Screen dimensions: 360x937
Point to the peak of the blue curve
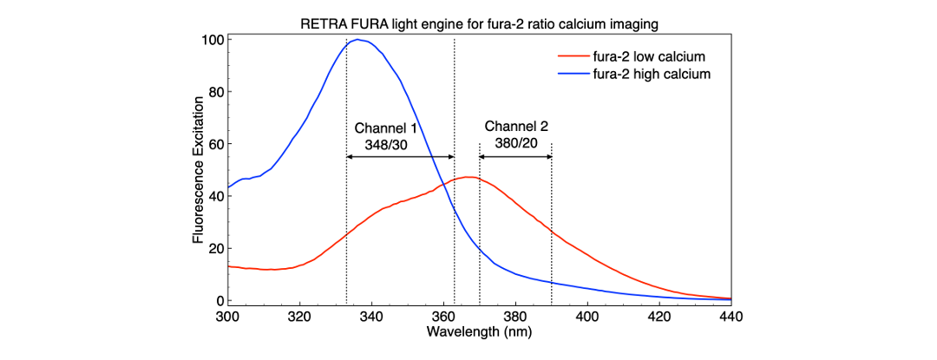click(x=356, y=39)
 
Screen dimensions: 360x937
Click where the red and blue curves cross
click(x=444, y=183)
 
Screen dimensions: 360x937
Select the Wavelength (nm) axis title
click(x=478, y=331)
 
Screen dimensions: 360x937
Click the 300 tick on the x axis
click(x=227, y=316)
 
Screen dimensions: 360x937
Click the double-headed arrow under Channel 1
click(x=400, y=156)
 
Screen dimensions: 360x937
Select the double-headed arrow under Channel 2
click(x=515, y=156)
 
